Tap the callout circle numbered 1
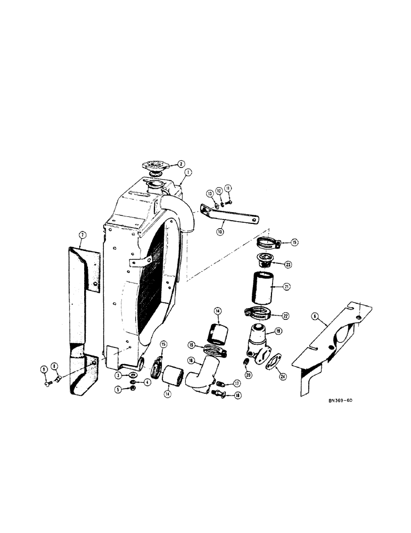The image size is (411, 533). point(187,173)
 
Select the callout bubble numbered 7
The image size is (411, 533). point(82,235)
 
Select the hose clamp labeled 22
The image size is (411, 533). point(259,313)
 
